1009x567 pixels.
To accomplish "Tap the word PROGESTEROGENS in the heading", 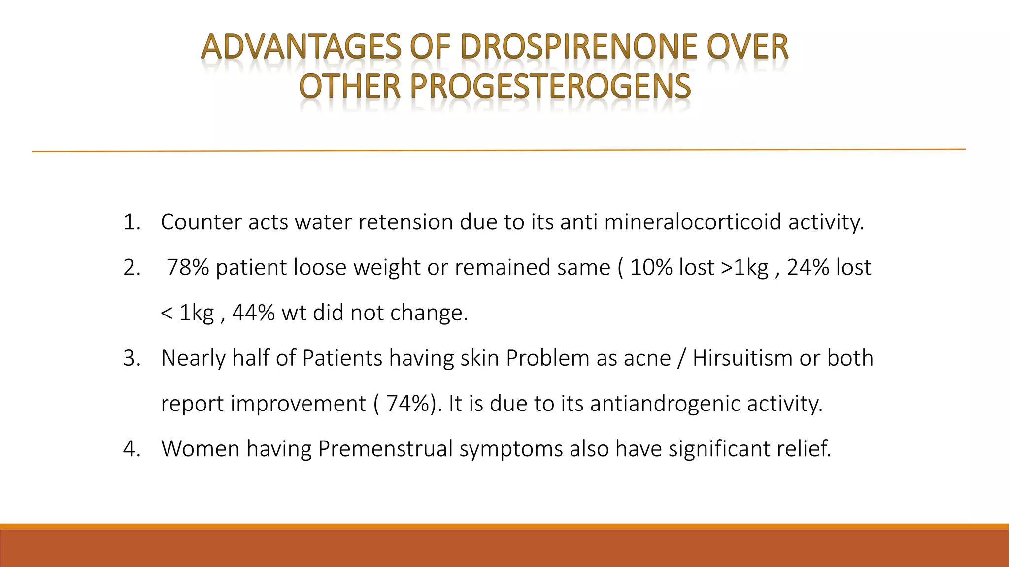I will [550, 87].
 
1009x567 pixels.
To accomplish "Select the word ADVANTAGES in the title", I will [301, 48].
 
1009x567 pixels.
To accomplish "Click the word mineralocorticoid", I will [693, 222].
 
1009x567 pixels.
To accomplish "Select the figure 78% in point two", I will [188, 268].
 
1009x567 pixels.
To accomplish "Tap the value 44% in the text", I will [253, 313].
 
